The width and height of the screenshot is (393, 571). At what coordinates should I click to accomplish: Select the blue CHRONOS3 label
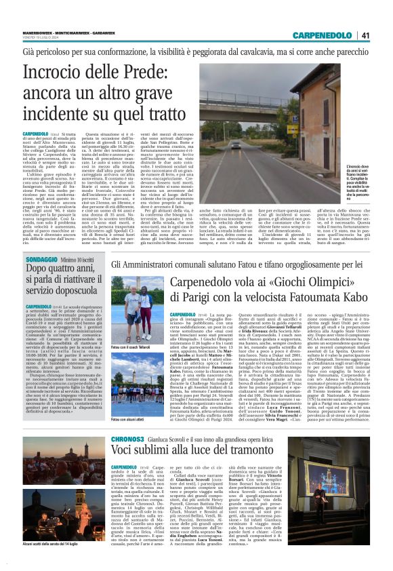click(x=41, y=439)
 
